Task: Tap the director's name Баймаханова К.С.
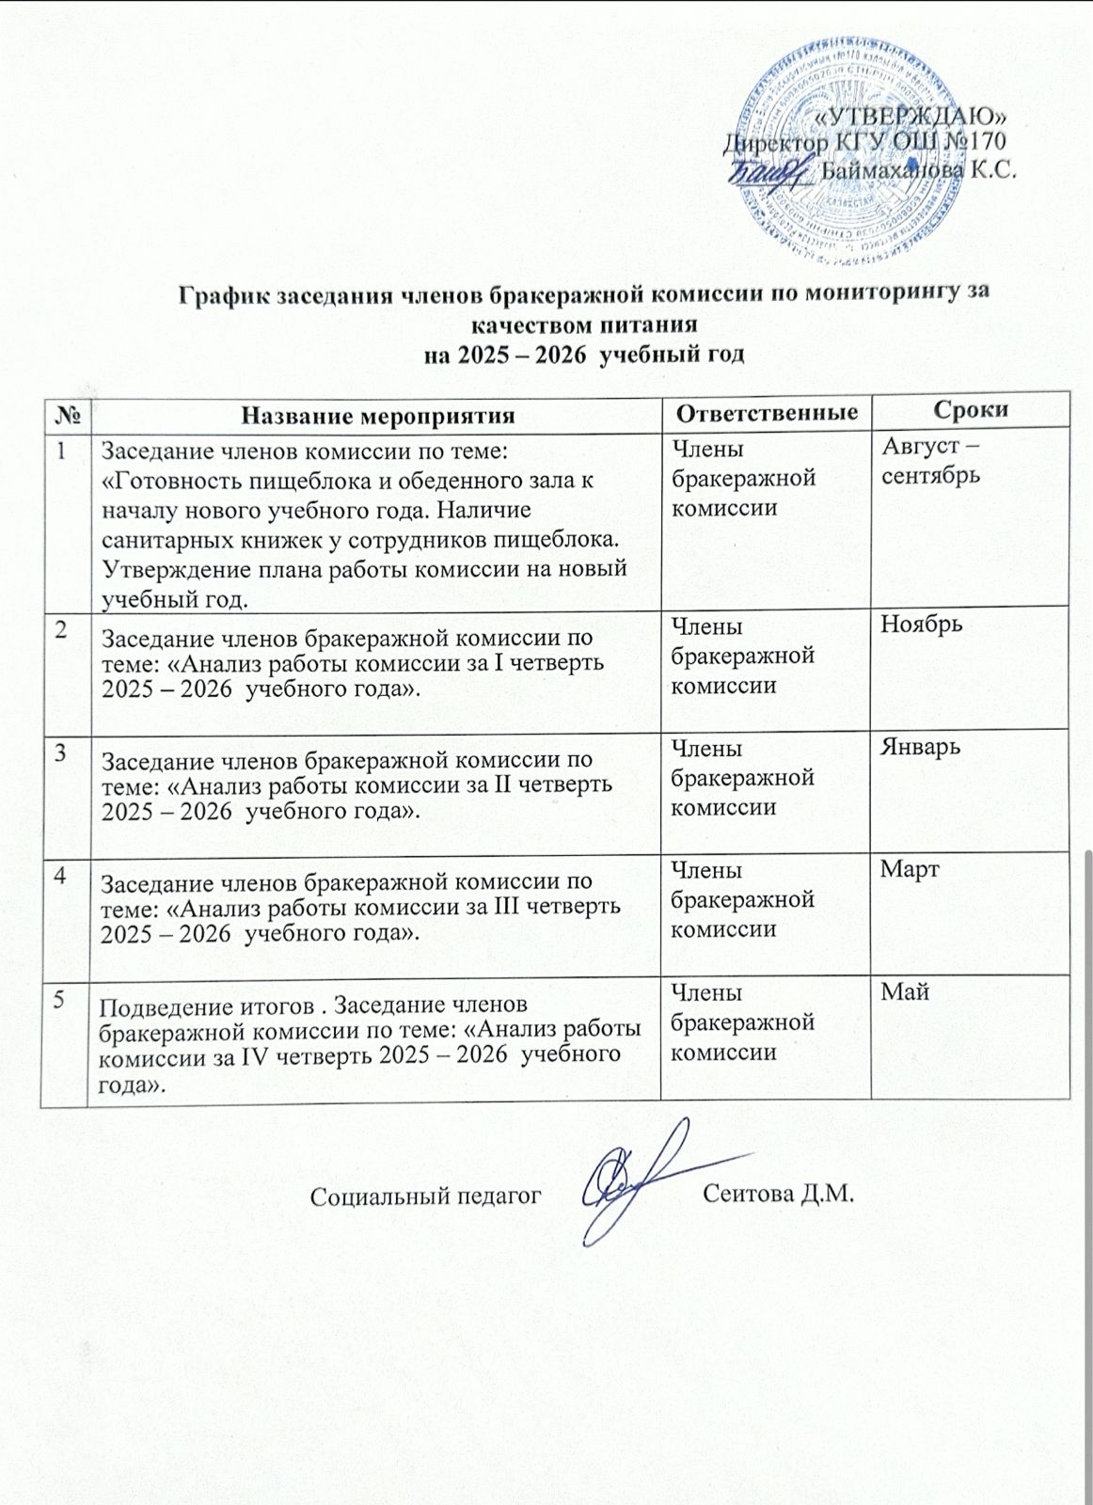[919, 171]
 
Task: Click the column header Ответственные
[768, 413]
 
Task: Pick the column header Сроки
[971, 409]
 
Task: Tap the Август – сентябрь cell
[930, 461]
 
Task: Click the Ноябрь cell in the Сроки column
[921, 624]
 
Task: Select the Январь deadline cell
[920, 747]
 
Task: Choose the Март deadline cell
[910, 869]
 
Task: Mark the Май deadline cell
[905, 991]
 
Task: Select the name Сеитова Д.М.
[778, 1196]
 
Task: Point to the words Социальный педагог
[426, 1196]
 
